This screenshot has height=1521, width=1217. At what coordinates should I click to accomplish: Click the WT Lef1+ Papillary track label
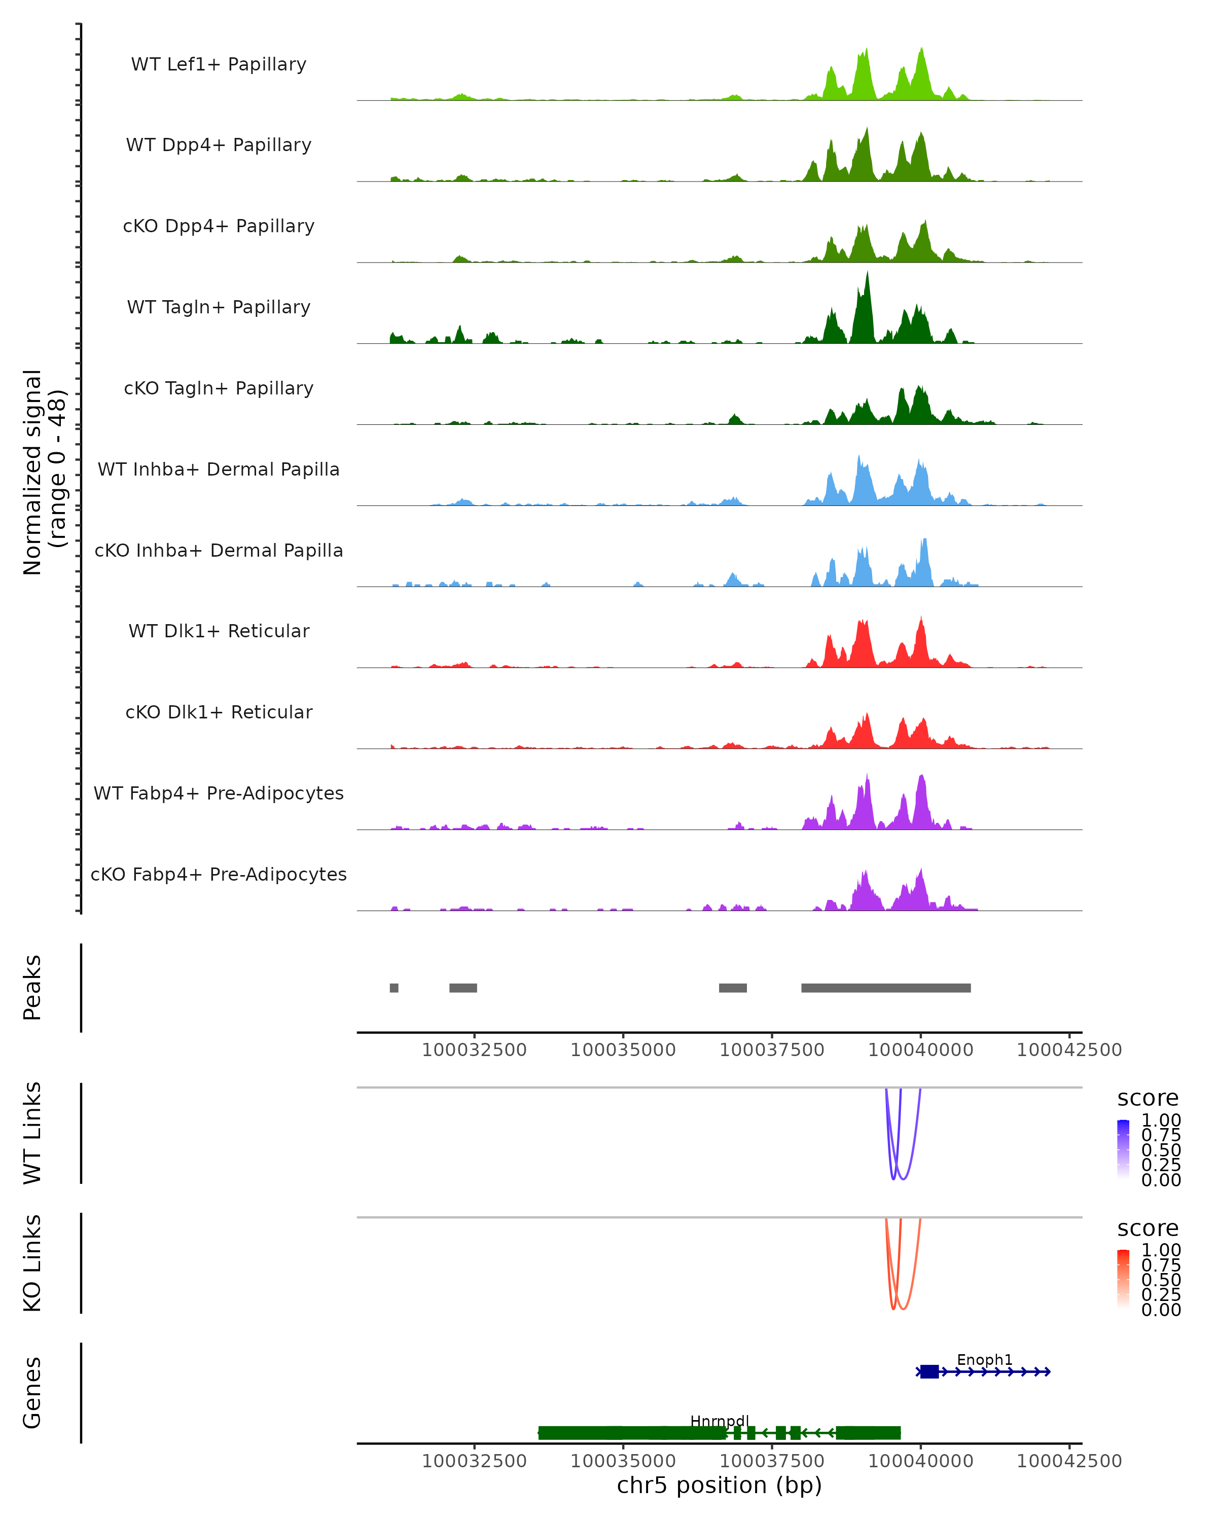219,64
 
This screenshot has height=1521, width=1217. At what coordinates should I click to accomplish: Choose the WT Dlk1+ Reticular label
219,631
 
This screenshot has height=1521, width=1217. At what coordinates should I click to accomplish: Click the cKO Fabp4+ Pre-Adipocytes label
219,874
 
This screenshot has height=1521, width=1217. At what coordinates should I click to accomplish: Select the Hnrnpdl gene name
719,1421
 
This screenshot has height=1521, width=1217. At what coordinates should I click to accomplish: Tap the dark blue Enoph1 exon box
929,1371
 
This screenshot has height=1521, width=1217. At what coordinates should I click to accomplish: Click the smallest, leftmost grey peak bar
393,988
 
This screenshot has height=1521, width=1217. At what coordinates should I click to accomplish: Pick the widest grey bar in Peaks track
885,988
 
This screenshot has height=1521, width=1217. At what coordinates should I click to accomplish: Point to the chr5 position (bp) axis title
719,1485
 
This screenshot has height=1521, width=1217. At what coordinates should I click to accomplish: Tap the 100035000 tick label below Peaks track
623,1050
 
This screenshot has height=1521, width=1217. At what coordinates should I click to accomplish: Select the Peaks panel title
32,988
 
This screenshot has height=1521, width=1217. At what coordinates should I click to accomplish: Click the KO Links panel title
32,1263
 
